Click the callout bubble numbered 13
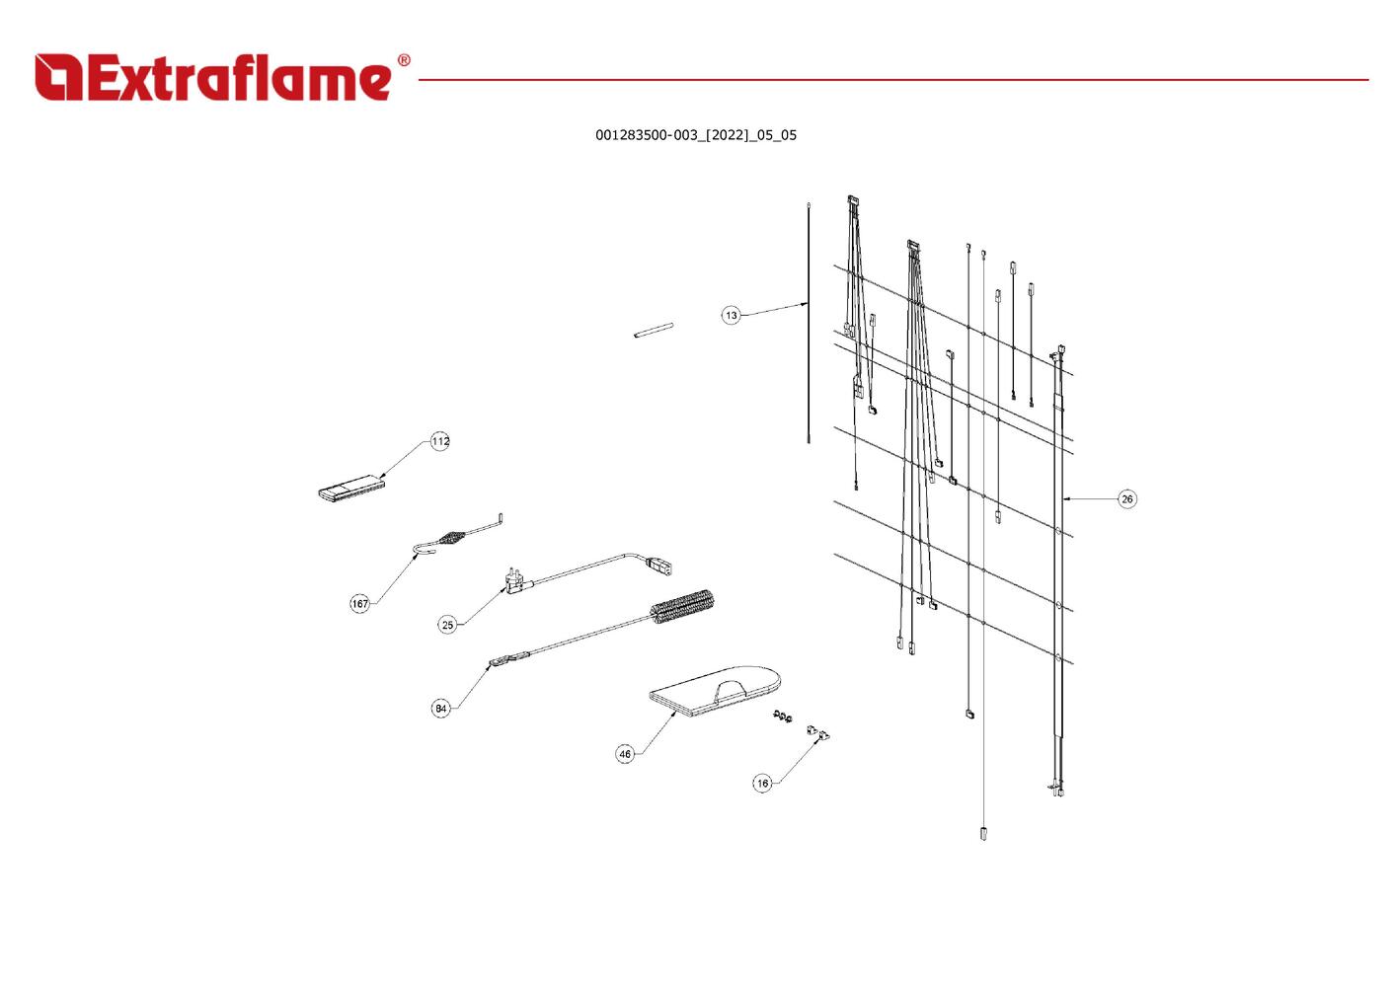[732, 316]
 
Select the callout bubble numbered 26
[1127, 499]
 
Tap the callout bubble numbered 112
[440, 442]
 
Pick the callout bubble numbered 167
[359, 603]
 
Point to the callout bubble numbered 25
[447, 625]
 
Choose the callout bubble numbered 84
[440, 709]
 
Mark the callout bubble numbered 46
[625, 754]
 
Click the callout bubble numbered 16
[762, 784]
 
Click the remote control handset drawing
[351, 488]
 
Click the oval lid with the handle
[715, 692]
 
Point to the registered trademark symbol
[404, 60]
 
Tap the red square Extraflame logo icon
[58, 77]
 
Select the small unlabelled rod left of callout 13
[654, 330]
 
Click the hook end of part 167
[425, 549]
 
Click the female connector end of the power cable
[661, 567]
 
